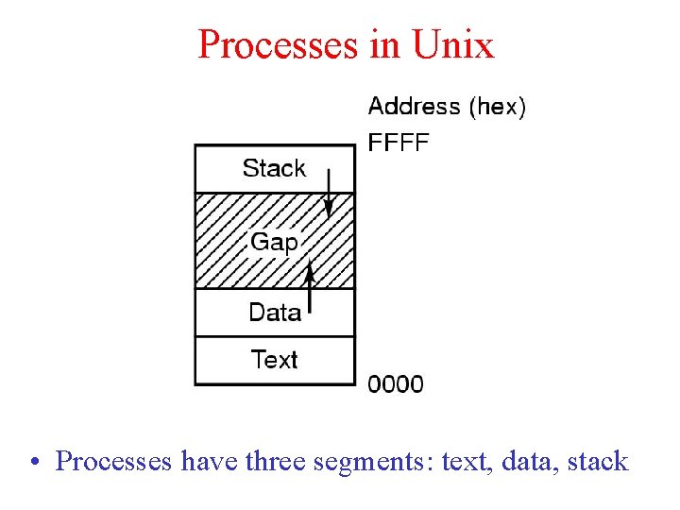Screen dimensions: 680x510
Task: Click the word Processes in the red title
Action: pos(278,44)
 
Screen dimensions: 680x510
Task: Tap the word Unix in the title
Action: pos(452,44)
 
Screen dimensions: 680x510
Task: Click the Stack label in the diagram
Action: pos(274,169)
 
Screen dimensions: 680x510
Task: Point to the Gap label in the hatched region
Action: pos(274,242)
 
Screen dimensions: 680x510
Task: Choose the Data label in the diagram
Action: pos(275,313)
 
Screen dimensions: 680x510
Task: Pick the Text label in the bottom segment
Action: pos(275,360)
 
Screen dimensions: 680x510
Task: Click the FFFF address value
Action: pos(398,144)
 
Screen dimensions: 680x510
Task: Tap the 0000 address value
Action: pos(396,384)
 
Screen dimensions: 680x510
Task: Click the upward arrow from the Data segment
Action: pos(310,287)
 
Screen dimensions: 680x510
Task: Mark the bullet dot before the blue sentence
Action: pos(34,463)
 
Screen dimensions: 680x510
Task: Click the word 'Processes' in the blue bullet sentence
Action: pos(114,462)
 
